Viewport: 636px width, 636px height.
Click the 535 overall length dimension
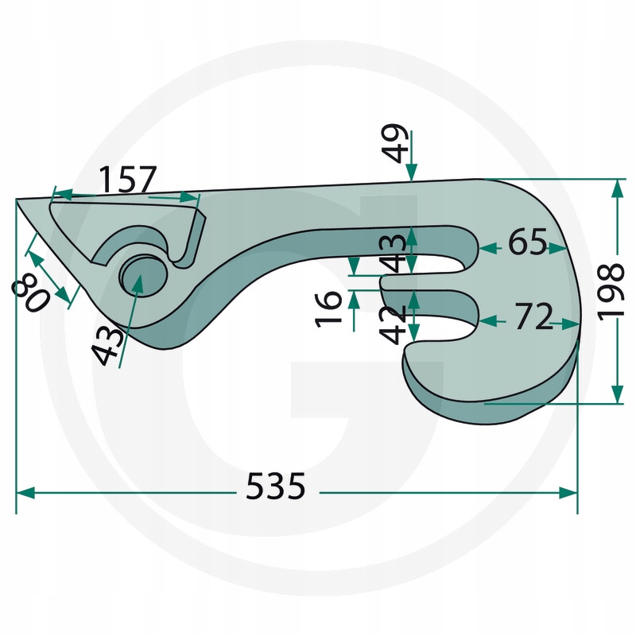pyautogui.click(x=275, y=486)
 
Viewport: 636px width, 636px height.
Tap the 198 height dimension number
pyautogui.click(x=611, y=292)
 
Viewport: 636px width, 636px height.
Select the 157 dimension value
pyautogui.click(x=127, y=180)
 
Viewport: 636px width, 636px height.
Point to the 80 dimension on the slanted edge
pyautogui.click(x=30, y=293)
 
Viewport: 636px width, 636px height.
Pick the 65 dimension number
pyautogui.click(x=527, y=242)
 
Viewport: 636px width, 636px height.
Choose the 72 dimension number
pyautogui.click(x=533, y=316)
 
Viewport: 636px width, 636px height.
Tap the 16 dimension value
pyautogui.click(x=328, y=308)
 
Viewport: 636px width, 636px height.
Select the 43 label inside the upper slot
pyautogui.click(x=393, y=253)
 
